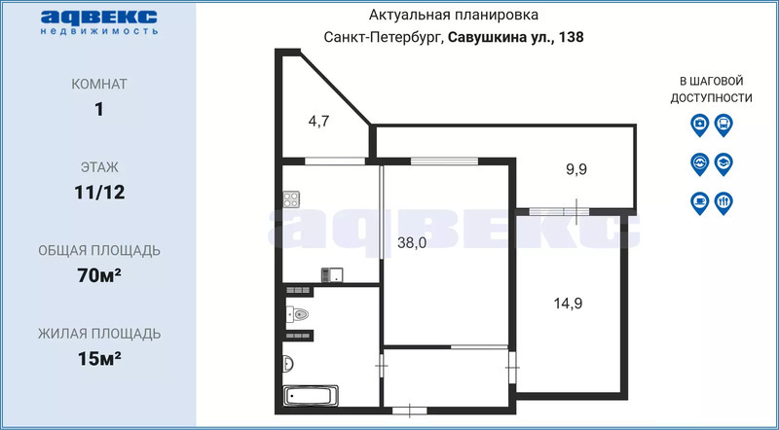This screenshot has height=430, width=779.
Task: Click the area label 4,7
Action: pos(319,122)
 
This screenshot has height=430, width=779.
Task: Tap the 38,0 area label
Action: pos(412,243)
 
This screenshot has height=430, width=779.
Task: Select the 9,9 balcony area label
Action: pos(576,170)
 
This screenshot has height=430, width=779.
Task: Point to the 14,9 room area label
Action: pos(568,303)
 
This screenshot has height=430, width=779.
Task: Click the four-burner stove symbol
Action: pos(291,199)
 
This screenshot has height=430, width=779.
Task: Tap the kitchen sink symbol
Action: pos(332,274)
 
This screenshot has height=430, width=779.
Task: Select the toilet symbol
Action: pos(298,314)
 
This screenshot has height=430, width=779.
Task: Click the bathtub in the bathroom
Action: pos(311,396)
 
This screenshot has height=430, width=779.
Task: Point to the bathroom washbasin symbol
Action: pos(288,364)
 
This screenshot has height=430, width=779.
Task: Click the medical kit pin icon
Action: pos(699,125)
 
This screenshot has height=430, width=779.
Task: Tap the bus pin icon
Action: pos(723,125)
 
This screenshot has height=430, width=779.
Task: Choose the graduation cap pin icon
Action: pos(723,163)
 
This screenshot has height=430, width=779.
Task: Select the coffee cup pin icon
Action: pos(699,203)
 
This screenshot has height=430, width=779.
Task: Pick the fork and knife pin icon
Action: pos(723,203)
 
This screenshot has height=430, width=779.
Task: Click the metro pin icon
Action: pos(699,163)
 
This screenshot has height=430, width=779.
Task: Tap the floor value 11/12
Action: pos(99,193)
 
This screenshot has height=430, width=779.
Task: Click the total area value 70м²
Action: pos(99,274)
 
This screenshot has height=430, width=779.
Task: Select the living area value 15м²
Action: pos(99,357)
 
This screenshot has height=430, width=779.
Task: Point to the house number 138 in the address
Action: pos(572,37)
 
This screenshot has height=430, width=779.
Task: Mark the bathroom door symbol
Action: pos(382,367)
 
